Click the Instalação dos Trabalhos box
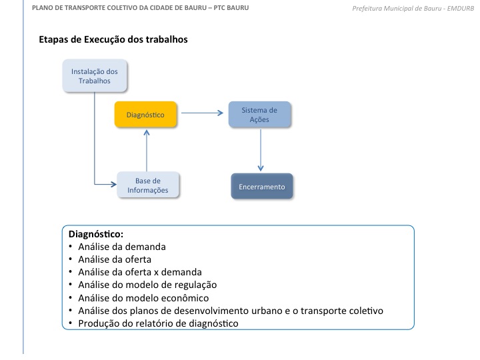click(x=95, y=75)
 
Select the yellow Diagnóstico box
click(x=145, y=115)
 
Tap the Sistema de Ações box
click(x=260, y=115)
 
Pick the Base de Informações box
click(x=148, y=185)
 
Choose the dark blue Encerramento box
click(x=262, y=187)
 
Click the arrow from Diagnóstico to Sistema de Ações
click(x=203, y=113)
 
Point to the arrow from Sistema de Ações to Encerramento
click(x=261, y=150)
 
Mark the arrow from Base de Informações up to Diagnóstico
click(x=145, y=150)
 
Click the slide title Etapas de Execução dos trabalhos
click(x=113, y=39)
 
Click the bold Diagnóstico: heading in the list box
click(x=96, y=235)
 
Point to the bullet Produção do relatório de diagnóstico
click(x=158, y=323)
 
